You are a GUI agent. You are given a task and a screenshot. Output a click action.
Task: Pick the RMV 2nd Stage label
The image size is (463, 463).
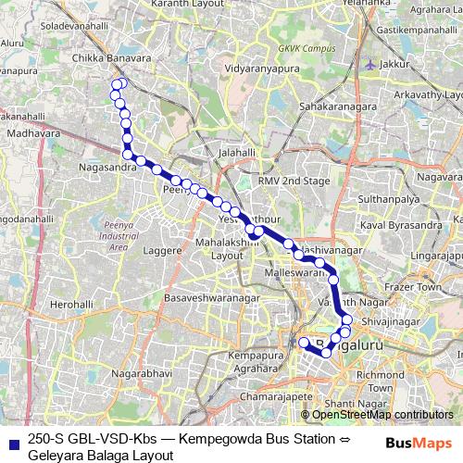[294, 180]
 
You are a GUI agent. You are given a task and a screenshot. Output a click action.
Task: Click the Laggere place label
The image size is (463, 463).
[162, 250]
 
